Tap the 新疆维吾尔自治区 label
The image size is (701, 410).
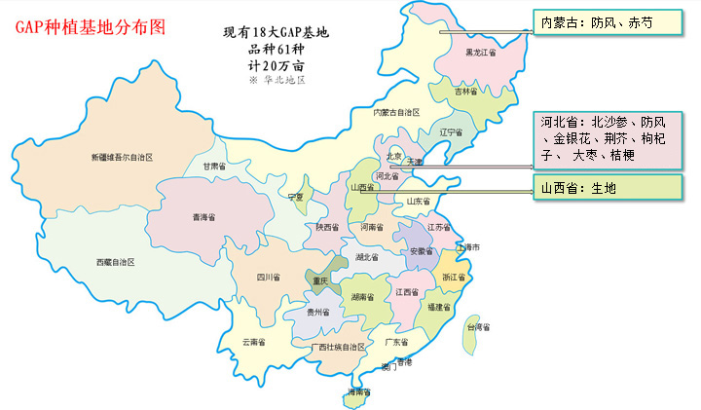(123, 157)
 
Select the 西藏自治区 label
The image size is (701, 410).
(115, 263)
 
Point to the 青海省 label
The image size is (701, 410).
(203, 217)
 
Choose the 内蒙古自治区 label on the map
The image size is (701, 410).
(397, 113)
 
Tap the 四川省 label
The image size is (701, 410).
(269, 278)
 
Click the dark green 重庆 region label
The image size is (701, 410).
(321, 281)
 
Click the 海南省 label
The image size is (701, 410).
(358, 392)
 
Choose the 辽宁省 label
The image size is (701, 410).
(451, 132)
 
